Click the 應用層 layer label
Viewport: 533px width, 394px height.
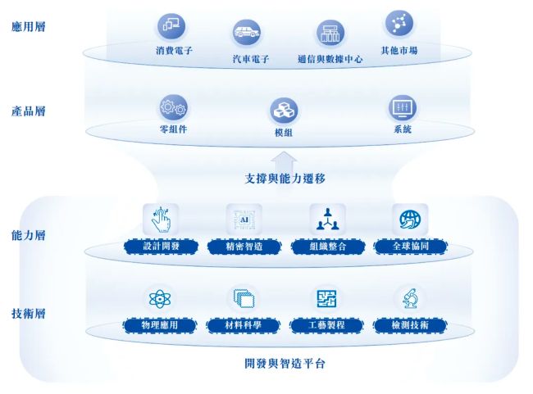(x=29, y=26)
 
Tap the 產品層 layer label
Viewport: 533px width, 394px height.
(x=29, y=111)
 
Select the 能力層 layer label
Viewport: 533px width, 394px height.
(x=29, y=235)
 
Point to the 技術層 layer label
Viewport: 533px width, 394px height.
(x=29, y=313)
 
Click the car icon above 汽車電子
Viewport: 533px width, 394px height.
(x=247, y=33)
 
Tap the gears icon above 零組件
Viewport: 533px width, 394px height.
(x=173, y=108)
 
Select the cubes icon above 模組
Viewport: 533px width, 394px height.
(x=284, y=111)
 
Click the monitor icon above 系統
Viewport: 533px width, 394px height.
(x=403, y=108)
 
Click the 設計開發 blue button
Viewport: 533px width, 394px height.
(x=161, y=247)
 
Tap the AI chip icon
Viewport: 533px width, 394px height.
(x=244, y=220)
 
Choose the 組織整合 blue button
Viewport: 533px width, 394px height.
(x=328, y=247)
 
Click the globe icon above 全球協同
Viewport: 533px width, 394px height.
(x=410, y=220)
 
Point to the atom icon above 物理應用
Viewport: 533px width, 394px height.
(x=160, y=299)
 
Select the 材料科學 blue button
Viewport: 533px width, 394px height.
(x=243, y=325)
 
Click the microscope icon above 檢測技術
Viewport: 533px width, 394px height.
(x=410, y=298)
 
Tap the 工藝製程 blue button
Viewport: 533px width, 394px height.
(x=326, y=325)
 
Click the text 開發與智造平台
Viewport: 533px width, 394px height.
(x=285, y=364)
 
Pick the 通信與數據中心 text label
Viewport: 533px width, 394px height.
(x=330, y=59)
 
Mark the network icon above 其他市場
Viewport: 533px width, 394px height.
(x=399, y=24)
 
